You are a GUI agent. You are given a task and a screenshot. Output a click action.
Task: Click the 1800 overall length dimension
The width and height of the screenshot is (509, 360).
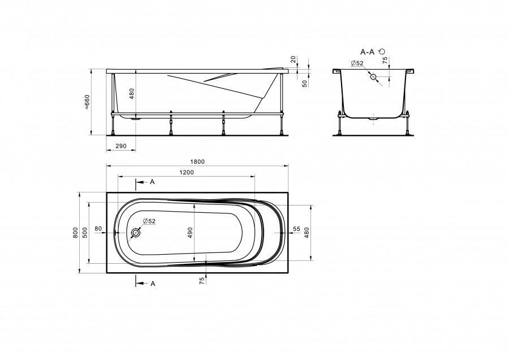[x=197, y=162]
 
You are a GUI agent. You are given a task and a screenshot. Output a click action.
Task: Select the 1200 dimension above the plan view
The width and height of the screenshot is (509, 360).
[x=186, y=173]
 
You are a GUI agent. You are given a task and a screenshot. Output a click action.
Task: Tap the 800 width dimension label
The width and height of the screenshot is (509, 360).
[x=76, y=233]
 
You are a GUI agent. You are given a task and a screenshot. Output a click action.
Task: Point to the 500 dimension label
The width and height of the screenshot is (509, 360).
[x=85, y=233]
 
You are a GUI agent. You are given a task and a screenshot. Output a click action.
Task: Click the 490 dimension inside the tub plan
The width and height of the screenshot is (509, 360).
[x=190, y=233]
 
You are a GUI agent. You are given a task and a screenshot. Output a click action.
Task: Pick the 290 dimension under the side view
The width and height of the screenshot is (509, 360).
[x=121, y=146]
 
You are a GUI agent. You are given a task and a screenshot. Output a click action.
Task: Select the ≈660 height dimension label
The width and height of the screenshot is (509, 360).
[x=87, y=102]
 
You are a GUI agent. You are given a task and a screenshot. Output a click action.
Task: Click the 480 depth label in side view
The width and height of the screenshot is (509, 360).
[x=132, y=93]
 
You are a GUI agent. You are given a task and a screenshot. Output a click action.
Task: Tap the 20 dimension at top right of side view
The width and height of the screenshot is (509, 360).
[x=293, y=59]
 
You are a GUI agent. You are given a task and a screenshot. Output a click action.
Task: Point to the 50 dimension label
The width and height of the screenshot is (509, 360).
[x=304, y=84]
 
